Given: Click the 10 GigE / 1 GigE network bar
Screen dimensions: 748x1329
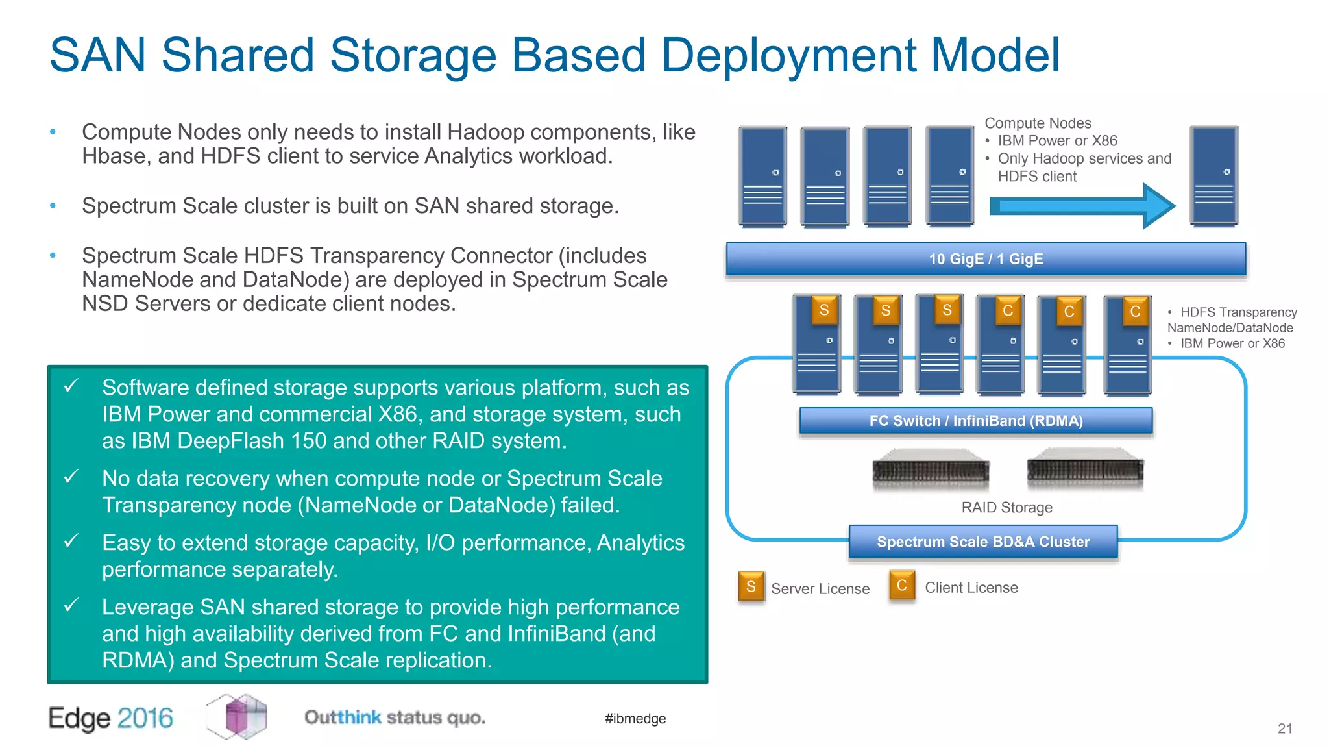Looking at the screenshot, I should click(x=985, y=259).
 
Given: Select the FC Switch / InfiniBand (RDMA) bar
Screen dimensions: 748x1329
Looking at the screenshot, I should click(x=975, y=421).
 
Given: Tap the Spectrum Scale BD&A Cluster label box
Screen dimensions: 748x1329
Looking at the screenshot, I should click(x=982, y=542).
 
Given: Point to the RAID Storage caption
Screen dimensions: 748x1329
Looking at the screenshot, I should click(x=1006, y=507).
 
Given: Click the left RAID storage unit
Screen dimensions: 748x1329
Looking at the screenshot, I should click(x=931, y=470).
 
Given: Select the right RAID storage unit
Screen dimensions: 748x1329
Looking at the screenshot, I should click(x=1085, y=469).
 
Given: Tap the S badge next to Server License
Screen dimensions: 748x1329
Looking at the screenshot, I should click(x=751, y=586).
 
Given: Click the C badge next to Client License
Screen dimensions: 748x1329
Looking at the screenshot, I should click(x=901, y=585).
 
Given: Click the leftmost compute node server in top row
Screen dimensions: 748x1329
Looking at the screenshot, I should click(x=762, y=177).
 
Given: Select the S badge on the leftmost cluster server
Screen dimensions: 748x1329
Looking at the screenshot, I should click(x=823, y=310).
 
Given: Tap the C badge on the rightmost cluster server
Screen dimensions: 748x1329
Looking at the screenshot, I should click(x=1135, y=311).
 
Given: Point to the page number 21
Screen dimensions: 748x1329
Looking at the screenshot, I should click(x=1285, y=729).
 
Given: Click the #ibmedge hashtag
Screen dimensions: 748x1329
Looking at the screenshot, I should click(x=635, y=718).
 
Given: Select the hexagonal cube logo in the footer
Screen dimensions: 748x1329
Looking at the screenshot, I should click(x=238, y=716).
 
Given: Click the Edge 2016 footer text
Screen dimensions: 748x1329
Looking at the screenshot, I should click(x=110, y=718).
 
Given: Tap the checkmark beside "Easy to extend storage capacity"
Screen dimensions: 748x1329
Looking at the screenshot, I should click(x=71, y=540).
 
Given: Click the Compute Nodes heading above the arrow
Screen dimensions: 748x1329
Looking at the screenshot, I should click(x=1038, y=123).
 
